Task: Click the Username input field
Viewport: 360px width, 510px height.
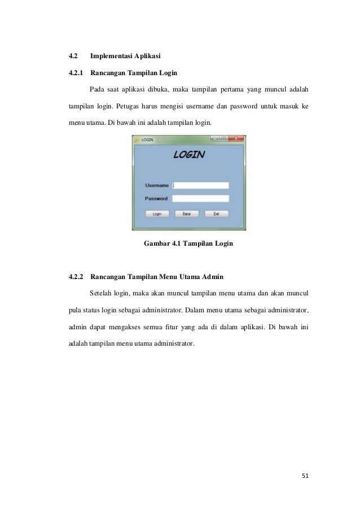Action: coord(200,185)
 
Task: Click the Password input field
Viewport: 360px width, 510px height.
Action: coord(200,198)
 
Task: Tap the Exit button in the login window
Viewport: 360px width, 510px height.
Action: coord(216,214)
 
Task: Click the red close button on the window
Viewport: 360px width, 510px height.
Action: coord(237,138)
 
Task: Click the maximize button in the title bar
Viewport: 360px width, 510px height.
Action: coord(224,138)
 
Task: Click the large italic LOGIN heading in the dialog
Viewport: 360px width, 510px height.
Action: coord(188,155)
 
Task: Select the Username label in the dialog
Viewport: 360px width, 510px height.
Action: coord(157,185)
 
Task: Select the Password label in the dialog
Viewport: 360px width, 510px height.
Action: coord(156,198)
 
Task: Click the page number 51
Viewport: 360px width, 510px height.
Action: coord(305,475)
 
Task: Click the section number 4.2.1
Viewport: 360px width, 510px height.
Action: coord(76,73)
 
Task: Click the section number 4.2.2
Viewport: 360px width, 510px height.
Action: coord(76,277)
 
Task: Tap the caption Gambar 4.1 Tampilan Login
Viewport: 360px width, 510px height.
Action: coord(189,244)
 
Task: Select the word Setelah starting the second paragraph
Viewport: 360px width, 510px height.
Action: coord(100,294)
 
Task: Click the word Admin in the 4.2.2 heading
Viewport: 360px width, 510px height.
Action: coord(213,277)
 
